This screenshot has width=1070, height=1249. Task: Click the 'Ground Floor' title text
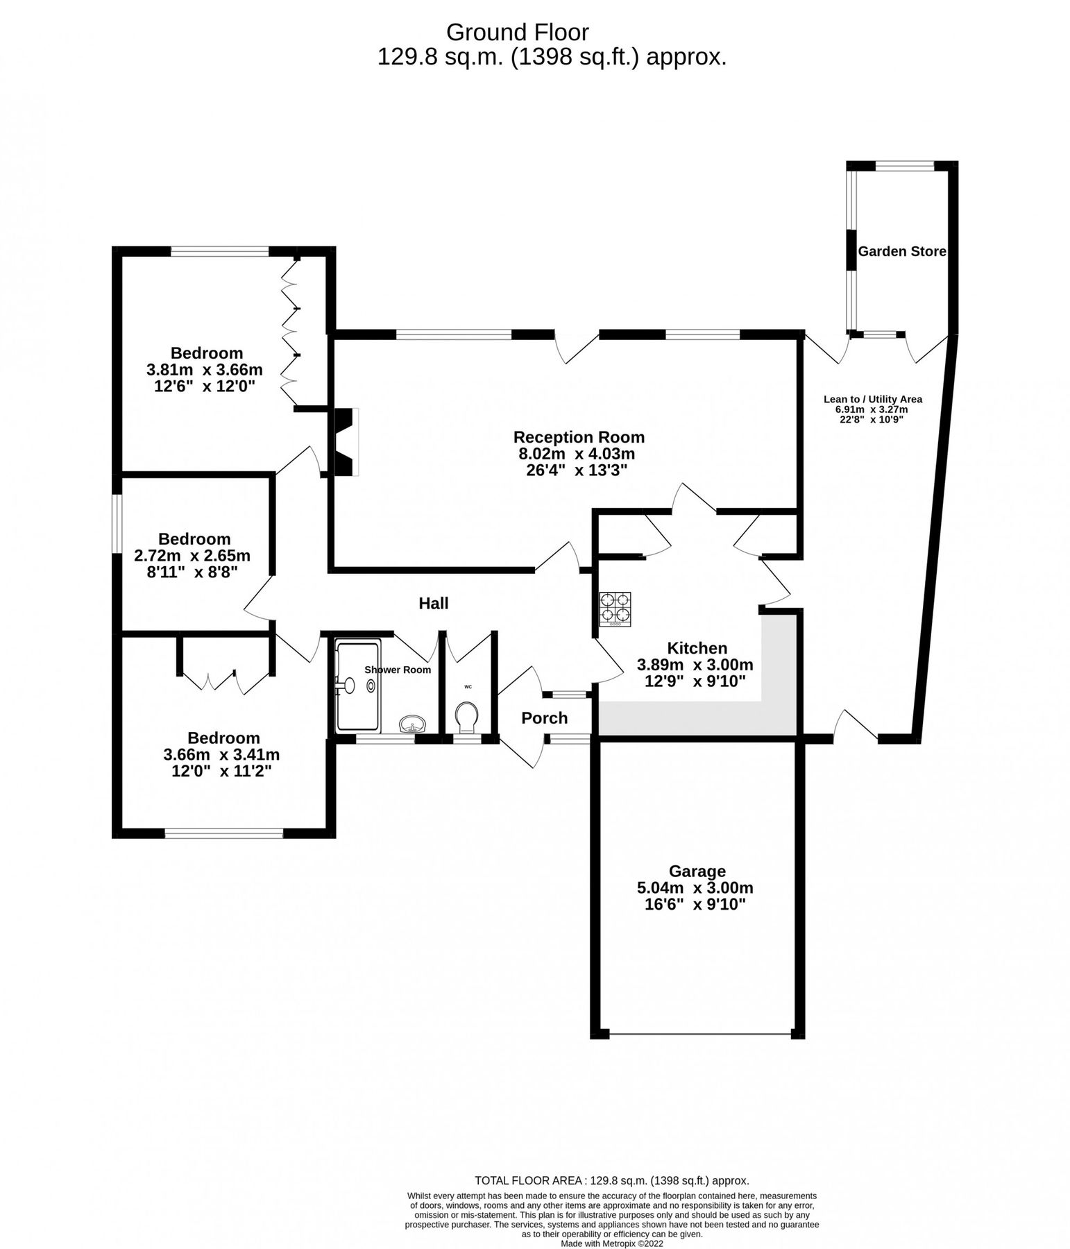click(517, 33)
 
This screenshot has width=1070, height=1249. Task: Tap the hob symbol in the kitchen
click(615, 609)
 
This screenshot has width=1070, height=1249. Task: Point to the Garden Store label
click(901, 252)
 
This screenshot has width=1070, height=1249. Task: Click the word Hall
click(433, 603)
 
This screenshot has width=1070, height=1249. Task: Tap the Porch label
click(544, 718)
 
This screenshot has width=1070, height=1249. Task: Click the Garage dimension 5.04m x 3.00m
click(695, 887)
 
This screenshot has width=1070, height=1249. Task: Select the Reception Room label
click(579, 437)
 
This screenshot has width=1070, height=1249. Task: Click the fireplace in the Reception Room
click(346, 442)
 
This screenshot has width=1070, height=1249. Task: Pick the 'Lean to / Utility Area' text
click(872, 399)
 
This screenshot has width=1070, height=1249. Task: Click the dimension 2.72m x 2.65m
click(192, 556)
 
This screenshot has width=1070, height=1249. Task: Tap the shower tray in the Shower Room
click(357, 686)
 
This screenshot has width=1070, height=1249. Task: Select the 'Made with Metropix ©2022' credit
click(612, 1244)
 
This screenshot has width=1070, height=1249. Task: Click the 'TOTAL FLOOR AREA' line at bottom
click(611, 1180)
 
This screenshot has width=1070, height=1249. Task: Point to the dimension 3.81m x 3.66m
click(205, 370)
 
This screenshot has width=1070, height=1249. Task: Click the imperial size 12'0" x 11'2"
click(221, 771)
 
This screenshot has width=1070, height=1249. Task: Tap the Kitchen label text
click(697, 648)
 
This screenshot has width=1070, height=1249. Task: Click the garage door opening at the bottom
click(699, 1035)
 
